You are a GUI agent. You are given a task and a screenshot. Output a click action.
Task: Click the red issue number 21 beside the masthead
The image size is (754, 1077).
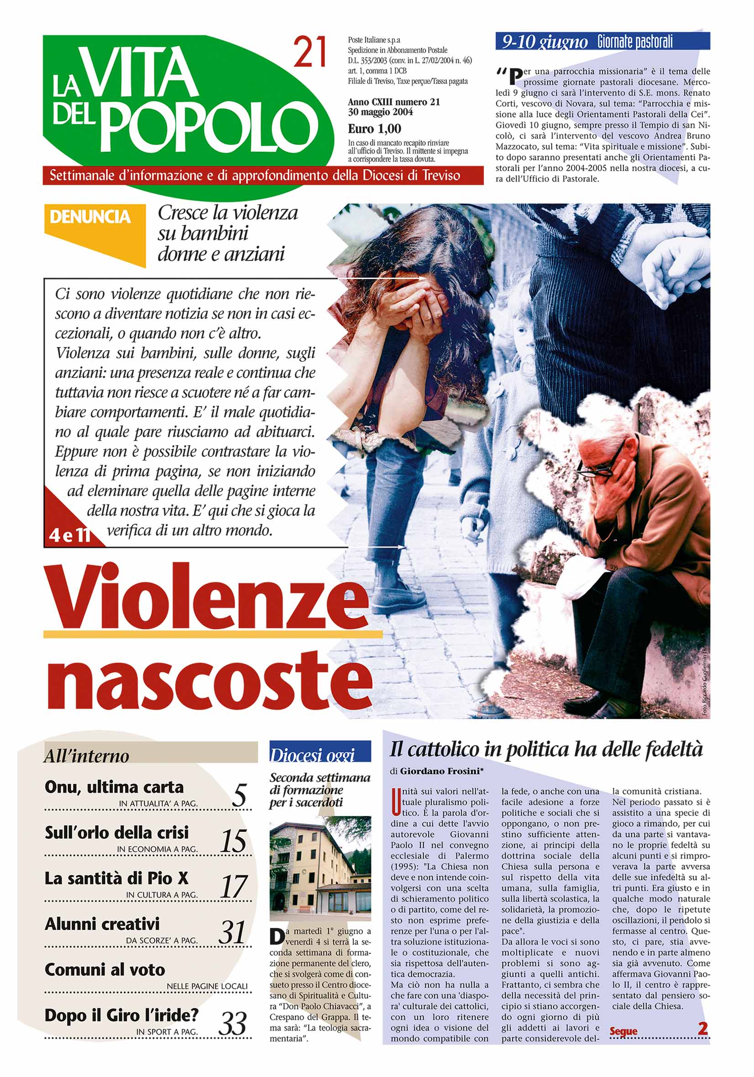310,52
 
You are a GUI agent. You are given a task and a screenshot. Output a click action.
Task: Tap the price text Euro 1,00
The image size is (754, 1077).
374,129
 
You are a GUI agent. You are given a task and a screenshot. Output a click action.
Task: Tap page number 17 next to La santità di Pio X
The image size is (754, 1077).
233,886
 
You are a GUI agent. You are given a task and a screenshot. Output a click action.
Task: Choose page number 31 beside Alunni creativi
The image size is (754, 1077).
232,932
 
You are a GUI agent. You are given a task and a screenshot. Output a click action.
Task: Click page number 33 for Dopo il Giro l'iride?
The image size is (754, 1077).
233,1024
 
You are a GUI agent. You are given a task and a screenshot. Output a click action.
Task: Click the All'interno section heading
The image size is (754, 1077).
86,756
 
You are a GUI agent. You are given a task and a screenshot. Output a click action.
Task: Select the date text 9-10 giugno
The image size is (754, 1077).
545,42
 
